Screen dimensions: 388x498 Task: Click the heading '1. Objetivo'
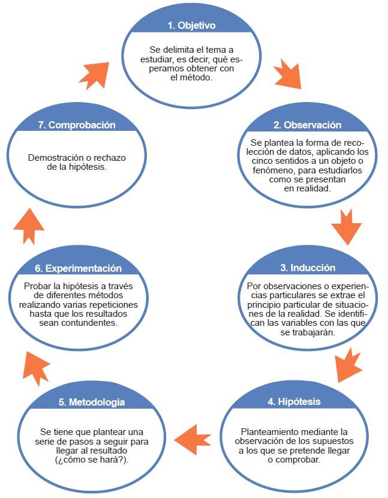coord(191,25)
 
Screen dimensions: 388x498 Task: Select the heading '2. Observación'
coord(308,125)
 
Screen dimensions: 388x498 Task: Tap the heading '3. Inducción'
coord(308,268)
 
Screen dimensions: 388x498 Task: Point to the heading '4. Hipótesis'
coord(294,401)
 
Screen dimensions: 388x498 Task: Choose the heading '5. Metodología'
coord(92,402)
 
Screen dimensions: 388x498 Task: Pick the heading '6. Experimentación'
coord(78,268)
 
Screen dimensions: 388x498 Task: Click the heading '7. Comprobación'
coord(77,125)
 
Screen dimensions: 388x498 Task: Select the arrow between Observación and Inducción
coord(347,227)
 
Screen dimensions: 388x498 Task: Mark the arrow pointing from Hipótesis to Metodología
coord(193,440)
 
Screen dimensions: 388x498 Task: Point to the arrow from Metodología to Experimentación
coord(36,368)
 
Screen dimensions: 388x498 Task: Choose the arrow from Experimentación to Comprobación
coord(29,226)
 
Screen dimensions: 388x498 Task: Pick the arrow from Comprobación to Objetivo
coord(94,76)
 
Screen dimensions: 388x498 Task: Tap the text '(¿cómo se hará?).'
coord(92,460)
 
